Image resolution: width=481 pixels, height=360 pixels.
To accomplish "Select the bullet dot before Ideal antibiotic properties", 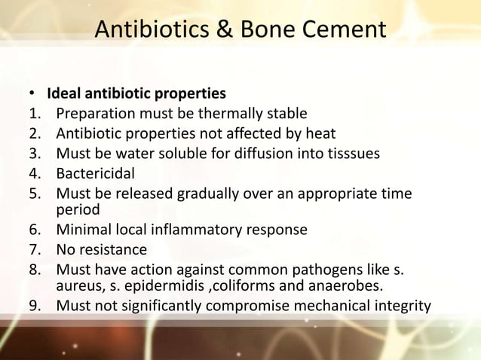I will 32,95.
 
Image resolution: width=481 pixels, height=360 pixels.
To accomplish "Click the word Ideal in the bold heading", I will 63,95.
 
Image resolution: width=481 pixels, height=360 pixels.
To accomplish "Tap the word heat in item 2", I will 319,134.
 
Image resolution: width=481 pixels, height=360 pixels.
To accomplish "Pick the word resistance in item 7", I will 113,249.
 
